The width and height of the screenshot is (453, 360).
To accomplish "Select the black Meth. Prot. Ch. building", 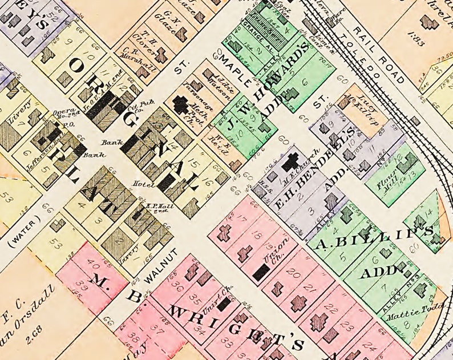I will coord(181,105).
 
